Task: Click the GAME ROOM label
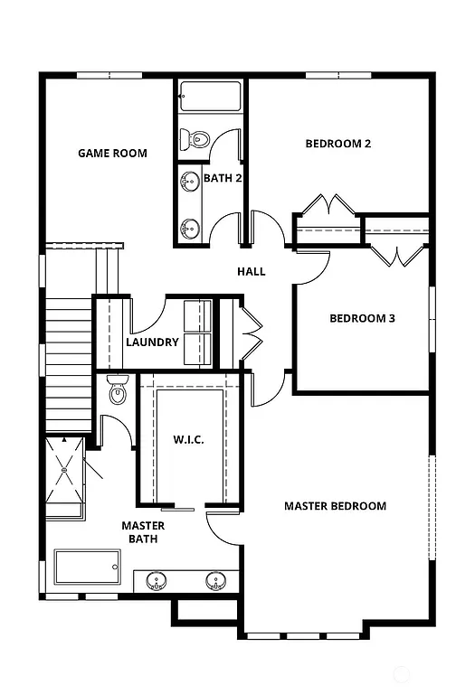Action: [x=112, y=153]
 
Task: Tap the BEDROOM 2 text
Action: [x=338, y=143]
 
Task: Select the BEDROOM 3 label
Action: [x=362, y=318]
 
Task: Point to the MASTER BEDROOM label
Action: [x=335, y=506]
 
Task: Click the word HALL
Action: [x=251, y=271]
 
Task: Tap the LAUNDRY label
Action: [x=152, y=342]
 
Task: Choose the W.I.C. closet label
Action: [x=188, y=440]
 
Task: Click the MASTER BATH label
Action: [x=143, y=532]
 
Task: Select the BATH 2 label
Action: [x=223, y=178]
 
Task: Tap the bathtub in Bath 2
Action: [x=210, y=96]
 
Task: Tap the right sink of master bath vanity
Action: [x=215, y=580]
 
